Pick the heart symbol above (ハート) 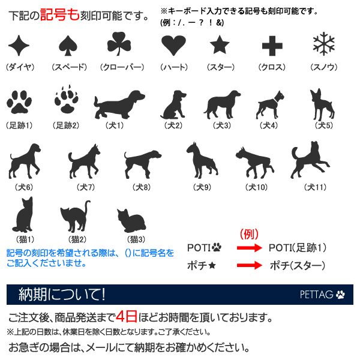click(173, 46)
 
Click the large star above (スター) click(220, 45)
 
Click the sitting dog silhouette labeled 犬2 click(173, 104)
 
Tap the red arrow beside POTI click(247, 247)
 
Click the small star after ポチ click(212, 265)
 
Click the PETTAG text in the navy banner click(317, 295)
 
